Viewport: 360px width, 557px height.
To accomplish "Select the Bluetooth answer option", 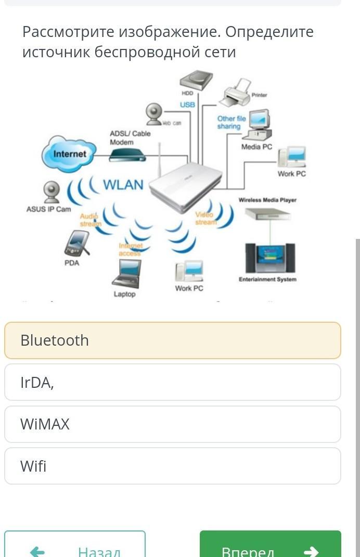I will pos(172,340).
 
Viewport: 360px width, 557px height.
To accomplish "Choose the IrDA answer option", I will pos(172,383).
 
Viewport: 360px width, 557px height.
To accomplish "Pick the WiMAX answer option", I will pos(172,424).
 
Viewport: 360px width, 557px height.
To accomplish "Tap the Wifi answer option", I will pos(172,466).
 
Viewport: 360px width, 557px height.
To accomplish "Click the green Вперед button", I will pos(270,547).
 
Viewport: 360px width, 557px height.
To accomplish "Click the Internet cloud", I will pos(69,154).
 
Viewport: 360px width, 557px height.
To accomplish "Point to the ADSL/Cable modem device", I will pos(126,155).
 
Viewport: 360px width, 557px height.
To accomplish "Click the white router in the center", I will pos(185,187).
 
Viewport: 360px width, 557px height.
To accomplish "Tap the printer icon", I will pos(237,93).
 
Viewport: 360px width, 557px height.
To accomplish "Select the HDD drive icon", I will pos(196,81).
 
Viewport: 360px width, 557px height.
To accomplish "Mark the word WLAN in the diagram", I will pos(123,185).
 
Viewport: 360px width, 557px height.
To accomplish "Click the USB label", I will pos(187,105).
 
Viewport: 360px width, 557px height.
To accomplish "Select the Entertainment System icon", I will pos(270,258).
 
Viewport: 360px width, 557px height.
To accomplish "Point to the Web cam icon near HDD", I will pos(154,114).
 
